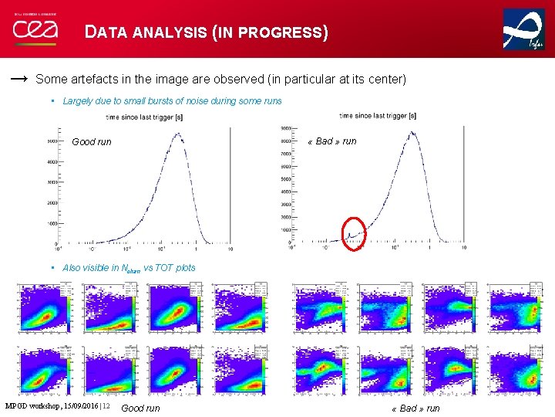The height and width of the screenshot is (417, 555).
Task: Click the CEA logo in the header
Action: point(34,30)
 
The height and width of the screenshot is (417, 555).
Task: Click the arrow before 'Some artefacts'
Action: point(21,79)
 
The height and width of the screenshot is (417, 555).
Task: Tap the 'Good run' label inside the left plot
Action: point(91,142)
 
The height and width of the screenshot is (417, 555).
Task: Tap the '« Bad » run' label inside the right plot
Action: point(331,141)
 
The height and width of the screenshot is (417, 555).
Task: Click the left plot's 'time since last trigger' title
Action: point(144,117)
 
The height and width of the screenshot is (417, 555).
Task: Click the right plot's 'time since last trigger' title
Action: point(377,116)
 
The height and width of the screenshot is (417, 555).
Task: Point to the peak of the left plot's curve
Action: point(178,135)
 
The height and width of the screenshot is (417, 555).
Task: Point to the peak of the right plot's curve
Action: point(412,132)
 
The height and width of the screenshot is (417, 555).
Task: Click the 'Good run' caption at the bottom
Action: point(141,408)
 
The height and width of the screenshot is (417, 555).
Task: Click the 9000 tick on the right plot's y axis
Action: point(284,128)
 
